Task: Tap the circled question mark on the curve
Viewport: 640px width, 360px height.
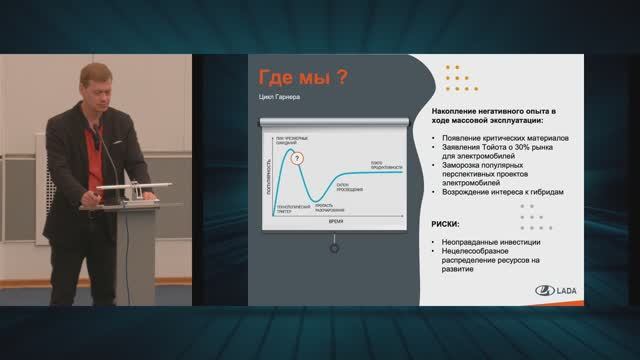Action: pyautogui.click(x=297, y=157)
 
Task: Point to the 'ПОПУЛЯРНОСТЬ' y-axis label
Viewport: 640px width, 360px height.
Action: pyautogui.click(x=268, y=174)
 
